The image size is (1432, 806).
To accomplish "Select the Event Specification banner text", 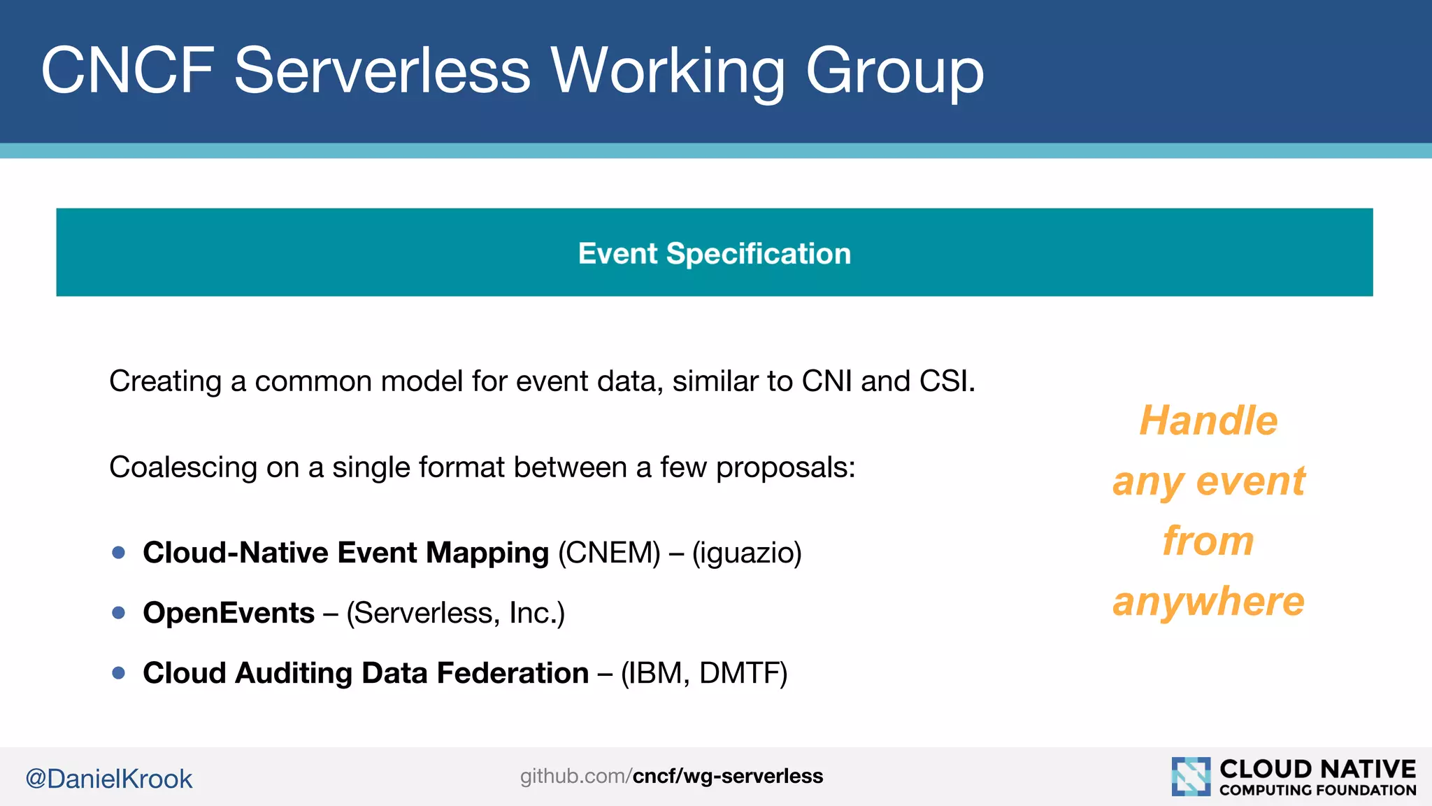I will (714, 253).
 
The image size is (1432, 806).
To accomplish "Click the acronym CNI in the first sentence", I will (827, 381).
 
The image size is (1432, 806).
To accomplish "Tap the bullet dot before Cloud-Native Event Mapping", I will (119, 553).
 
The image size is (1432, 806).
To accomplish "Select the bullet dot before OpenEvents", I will (119, 613).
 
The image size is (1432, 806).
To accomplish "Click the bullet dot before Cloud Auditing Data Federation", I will (119, 673).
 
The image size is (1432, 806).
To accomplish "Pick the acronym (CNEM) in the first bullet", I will (609, 553).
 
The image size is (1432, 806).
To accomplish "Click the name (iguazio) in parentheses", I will (747, 553).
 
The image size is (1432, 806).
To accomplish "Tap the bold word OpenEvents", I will (229, 613).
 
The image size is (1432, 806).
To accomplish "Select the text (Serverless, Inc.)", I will (455, 613).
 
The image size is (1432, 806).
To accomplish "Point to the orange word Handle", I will (1208, 420).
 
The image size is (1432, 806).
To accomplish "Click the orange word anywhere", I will (1208, 601).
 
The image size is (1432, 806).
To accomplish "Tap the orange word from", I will (1208, 541).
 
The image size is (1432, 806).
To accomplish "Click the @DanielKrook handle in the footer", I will (108, 779).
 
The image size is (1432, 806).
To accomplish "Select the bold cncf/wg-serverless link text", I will (727, 776).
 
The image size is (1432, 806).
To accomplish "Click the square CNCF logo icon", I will (1190, 776).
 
